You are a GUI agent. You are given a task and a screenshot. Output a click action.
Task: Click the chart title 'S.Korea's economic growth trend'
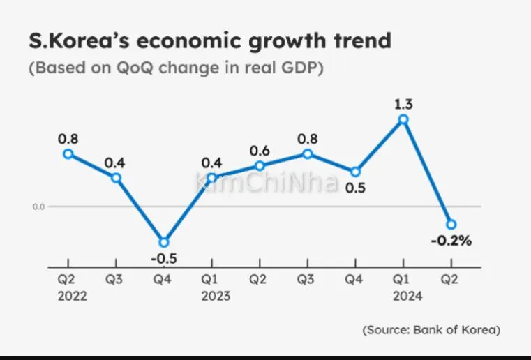pyautogui.click(x=209, y=41)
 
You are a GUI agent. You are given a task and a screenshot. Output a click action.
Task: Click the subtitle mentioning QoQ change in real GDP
pyautogui.click(x=176, y=69)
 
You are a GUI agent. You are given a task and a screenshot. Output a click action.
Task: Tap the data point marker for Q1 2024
pyautogui.click(x=403, y=120)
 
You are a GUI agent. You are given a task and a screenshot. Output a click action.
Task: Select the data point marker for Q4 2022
pyautogui.click(x=164, y=242)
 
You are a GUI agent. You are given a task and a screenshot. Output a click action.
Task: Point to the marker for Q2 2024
pyautogui.click(x=451, y=224)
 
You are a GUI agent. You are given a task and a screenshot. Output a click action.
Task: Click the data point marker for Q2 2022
pyautogui.click(x=68, y=153)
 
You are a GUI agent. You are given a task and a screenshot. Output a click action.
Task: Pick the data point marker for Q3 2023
pyautogui.click(x=307, y=153)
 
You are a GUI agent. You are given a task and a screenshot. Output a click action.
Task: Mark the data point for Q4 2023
pyautogui.click(x=355, y=172)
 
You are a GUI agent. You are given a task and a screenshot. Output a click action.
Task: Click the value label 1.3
pyautogui.click(x=403, y=105)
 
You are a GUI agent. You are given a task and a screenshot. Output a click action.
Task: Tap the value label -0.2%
pyautogui.click(x=451, y=241)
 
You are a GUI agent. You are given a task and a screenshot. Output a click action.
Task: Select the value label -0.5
pyautogui.click(x=164, y=259)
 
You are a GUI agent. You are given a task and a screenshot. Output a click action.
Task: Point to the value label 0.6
pyautogui.click(x=260, y=151)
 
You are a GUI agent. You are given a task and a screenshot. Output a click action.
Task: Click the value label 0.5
pyautogui.click(x=356, y=188)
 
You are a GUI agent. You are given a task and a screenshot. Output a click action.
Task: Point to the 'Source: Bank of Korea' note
pyautogui.click(x=431, y=329)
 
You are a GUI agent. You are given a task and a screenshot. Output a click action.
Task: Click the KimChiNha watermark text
pyautogui.click(x=267, y=183)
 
